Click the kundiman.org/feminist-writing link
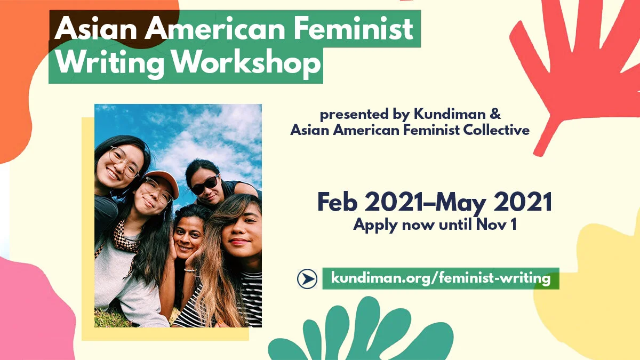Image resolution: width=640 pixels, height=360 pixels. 441,278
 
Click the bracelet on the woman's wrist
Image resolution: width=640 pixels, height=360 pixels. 189,270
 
